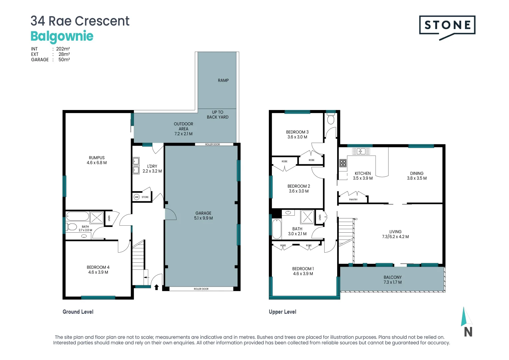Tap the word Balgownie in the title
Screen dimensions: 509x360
(x=62, y=36)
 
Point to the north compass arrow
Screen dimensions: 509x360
(x=466, y=317)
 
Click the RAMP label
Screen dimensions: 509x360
(x=223, y=81)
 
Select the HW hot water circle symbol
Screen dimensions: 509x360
(x=136, y=197)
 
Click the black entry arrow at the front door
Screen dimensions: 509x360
(x=156, y=287)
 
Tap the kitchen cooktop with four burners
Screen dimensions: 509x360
(x=343, y=163)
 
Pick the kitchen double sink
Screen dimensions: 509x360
(x=361, y=151)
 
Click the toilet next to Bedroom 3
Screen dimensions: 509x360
(x=331, y=119)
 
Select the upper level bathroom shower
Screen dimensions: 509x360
(x=307, y=217)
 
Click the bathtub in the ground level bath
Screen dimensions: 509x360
(x=78, y=216)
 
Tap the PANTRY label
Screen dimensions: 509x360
(x=353, y=199)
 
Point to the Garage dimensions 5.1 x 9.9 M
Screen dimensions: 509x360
(x=204, y=218)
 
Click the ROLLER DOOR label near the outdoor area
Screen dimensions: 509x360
(x=213, y=144)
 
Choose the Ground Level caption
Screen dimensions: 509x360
(x=78, y=312)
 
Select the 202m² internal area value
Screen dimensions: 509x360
(x=63, y=49)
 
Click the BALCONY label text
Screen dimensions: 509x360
(x=393, y=277)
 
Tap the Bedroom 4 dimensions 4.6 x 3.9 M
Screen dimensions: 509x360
(x=98, y=272)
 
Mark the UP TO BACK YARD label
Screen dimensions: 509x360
(x=218, y=115)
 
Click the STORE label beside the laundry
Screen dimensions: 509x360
(x=145, y=197)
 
